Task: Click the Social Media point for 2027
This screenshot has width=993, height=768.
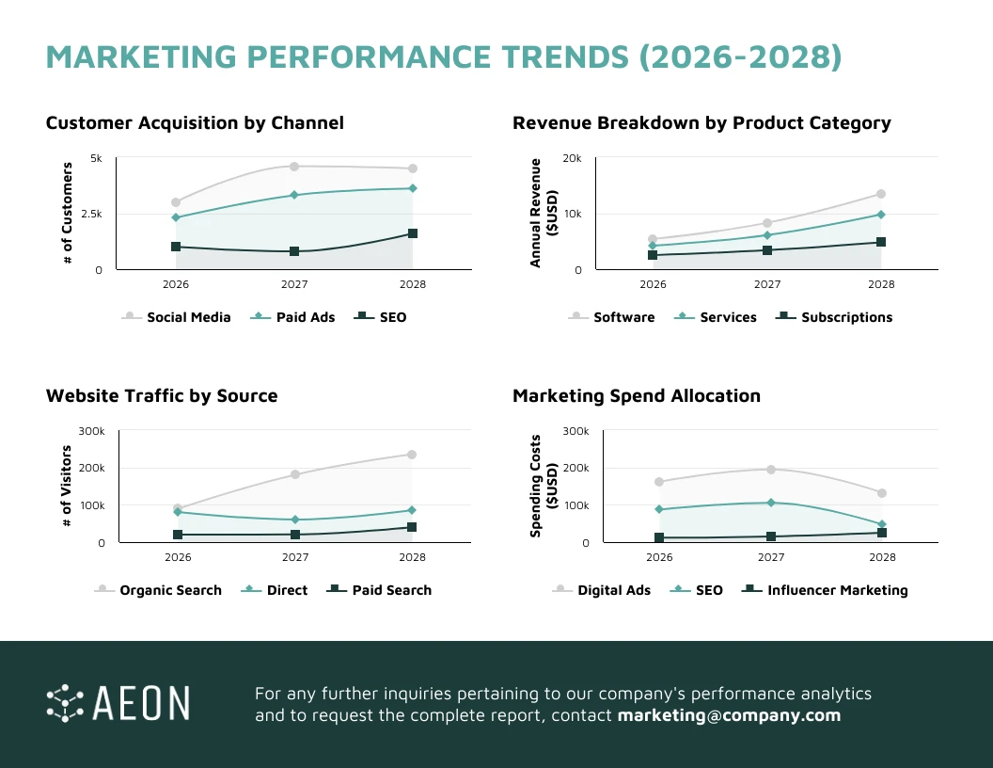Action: pos(294,167)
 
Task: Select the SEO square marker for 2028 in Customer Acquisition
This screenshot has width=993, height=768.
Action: pos(413,233)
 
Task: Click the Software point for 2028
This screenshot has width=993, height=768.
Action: pos(881,194)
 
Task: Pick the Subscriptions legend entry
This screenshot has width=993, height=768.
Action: pos(833,317)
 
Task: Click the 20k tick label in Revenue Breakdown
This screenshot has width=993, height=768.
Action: pos(572,158)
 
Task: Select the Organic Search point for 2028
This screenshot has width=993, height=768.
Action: pos(412,455)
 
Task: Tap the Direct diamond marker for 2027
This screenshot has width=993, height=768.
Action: pos(295,520)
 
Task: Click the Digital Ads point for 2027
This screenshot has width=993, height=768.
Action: pos(771,469)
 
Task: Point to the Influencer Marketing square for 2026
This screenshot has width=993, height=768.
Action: pos(659,537)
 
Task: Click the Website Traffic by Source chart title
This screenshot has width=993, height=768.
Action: pos(162,395)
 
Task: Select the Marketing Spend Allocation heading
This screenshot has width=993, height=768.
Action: pos(637,395)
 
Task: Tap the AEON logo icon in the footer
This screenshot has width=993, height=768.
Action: pos(65,703)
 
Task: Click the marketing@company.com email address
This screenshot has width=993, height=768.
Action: pos(729,715)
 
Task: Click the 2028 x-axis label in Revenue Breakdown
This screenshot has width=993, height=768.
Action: pos(881,283)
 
